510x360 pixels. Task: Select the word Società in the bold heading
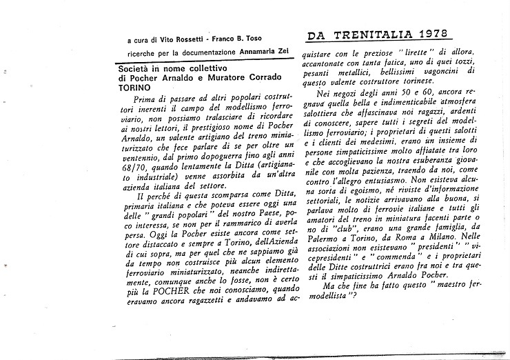(x=135, y=70)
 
